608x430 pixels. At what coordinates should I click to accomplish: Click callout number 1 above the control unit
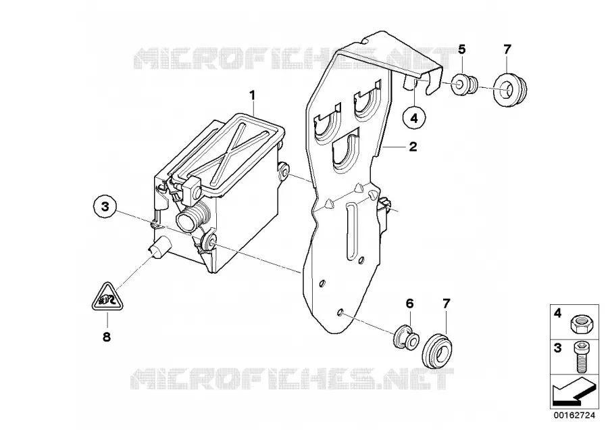click(253, 95)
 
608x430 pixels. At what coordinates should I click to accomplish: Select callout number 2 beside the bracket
click(413, 147)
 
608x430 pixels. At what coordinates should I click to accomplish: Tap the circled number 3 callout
click(105, 207)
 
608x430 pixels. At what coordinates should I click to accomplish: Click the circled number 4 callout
click(414, 117)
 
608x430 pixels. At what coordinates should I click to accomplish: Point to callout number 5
click(461, 49)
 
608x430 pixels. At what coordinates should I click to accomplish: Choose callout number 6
click(410, 303)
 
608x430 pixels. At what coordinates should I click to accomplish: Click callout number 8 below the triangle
click(107, 337)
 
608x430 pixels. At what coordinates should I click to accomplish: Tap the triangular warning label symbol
click(107, 297)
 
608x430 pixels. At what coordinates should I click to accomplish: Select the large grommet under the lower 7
click(438, 348)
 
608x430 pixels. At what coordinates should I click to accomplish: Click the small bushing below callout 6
click(407, 337)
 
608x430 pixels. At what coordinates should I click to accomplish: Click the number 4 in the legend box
click(557, 312)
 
